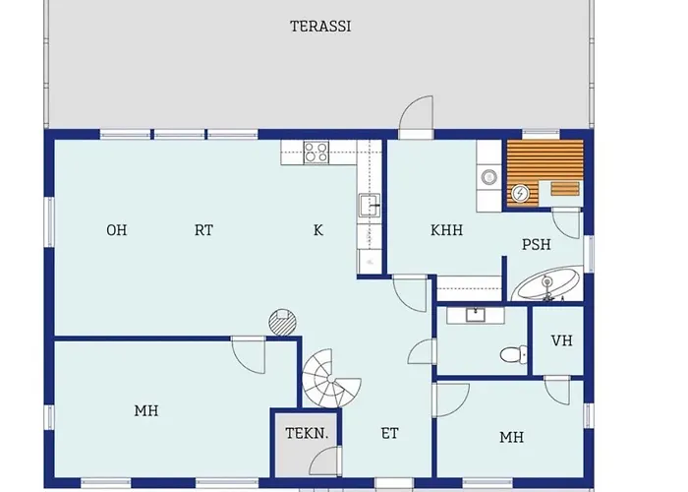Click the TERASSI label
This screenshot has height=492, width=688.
click(x=320, y=27)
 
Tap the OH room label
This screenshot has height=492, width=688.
click(x=117, y=230)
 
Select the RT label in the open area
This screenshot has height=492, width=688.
click(x=203, y=230)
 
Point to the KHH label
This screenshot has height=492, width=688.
click(x=446, y=230)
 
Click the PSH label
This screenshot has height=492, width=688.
click(x=537, y=244)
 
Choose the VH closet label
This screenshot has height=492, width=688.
click(x=561, y=340)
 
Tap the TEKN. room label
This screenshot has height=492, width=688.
click(x=307, y=434)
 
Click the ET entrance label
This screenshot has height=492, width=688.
click(x=389, y=434)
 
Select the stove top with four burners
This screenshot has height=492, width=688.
click(x=315, y=153)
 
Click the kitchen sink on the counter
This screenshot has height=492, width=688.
click(x=370, y=205)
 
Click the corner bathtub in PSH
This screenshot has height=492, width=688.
click(x=546, y=283)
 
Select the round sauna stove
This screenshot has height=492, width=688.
click(x=520, y=193)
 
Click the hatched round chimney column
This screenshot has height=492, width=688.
click(x=282, y=322)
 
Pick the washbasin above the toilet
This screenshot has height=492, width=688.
click(x=475, y=315)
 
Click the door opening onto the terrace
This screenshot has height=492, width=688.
click(x=416, y=117)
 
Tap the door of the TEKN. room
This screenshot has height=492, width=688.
click(x=325, y=461)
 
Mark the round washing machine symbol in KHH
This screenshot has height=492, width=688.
click(x=488, y=177)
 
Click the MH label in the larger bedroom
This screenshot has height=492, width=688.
click(x=146, y=410)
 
